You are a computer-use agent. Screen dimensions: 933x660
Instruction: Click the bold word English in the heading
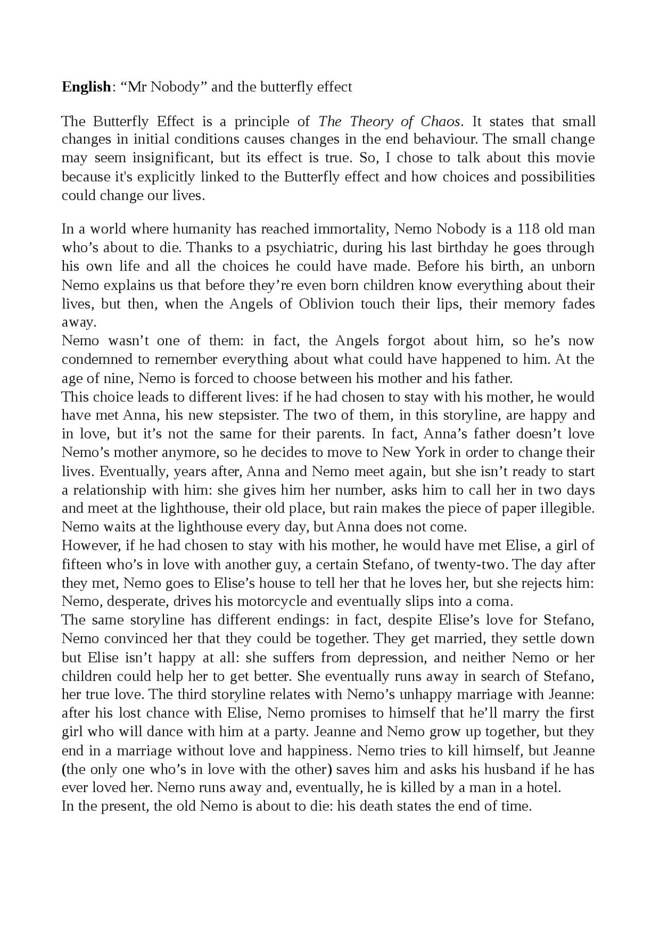point(86,87)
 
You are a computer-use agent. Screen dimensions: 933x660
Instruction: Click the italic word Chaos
point(440,122)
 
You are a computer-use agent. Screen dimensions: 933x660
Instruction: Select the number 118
point(529,229)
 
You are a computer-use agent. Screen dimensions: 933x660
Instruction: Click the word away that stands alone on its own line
point(78,323)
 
